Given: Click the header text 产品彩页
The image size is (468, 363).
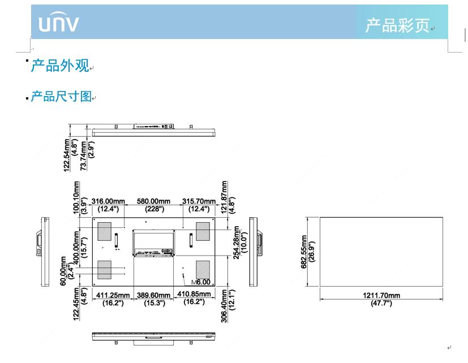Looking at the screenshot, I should click(x=397, y=25).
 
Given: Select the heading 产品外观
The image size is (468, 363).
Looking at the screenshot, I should click(x=60, y=66).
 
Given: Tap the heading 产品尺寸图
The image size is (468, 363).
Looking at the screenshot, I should click(x=61, y=97).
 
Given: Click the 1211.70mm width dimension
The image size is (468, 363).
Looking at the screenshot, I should click(x=381, y=295).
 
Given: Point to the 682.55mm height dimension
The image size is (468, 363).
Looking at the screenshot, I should click(x=304, y=252).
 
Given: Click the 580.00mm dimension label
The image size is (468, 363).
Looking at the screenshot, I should click(x=153, y=201).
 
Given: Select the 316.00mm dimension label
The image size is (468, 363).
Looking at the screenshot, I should click(x=108, y=201).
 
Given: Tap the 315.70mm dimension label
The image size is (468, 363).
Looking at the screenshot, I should click(x=199, y=201).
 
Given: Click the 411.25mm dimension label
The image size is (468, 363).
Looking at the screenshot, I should click(x=113, y=295).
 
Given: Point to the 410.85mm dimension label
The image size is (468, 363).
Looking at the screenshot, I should click(x=199, y=295).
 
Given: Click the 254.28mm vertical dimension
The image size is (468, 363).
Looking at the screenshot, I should click(x=237, y=243).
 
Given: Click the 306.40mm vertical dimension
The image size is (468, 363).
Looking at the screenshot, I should click(x=225, y=306).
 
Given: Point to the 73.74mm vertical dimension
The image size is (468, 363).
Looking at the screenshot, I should click(x=83, y=155).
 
